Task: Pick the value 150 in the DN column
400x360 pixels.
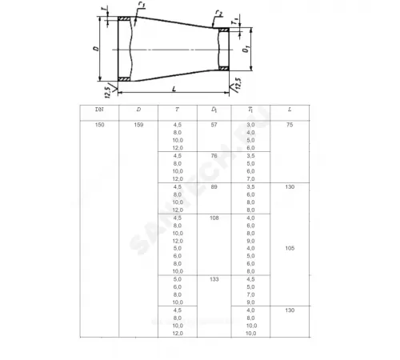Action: (x=99, y=126)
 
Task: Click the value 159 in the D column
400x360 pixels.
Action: (x=138, y=126)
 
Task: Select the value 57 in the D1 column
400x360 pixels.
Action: (x=214, y=126)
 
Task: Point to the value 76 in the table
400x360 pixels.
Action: (x=214, y=156)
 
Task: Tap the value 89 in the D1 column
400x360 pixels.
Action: (x=214, y=186)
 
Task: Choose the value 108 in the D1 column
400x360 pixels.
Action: (x=214, y=218)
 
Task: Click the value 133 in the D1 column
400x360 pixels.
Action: (x=214, y=279)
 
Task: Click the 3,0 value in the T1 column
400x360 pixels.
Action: (x=251, y=126)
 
